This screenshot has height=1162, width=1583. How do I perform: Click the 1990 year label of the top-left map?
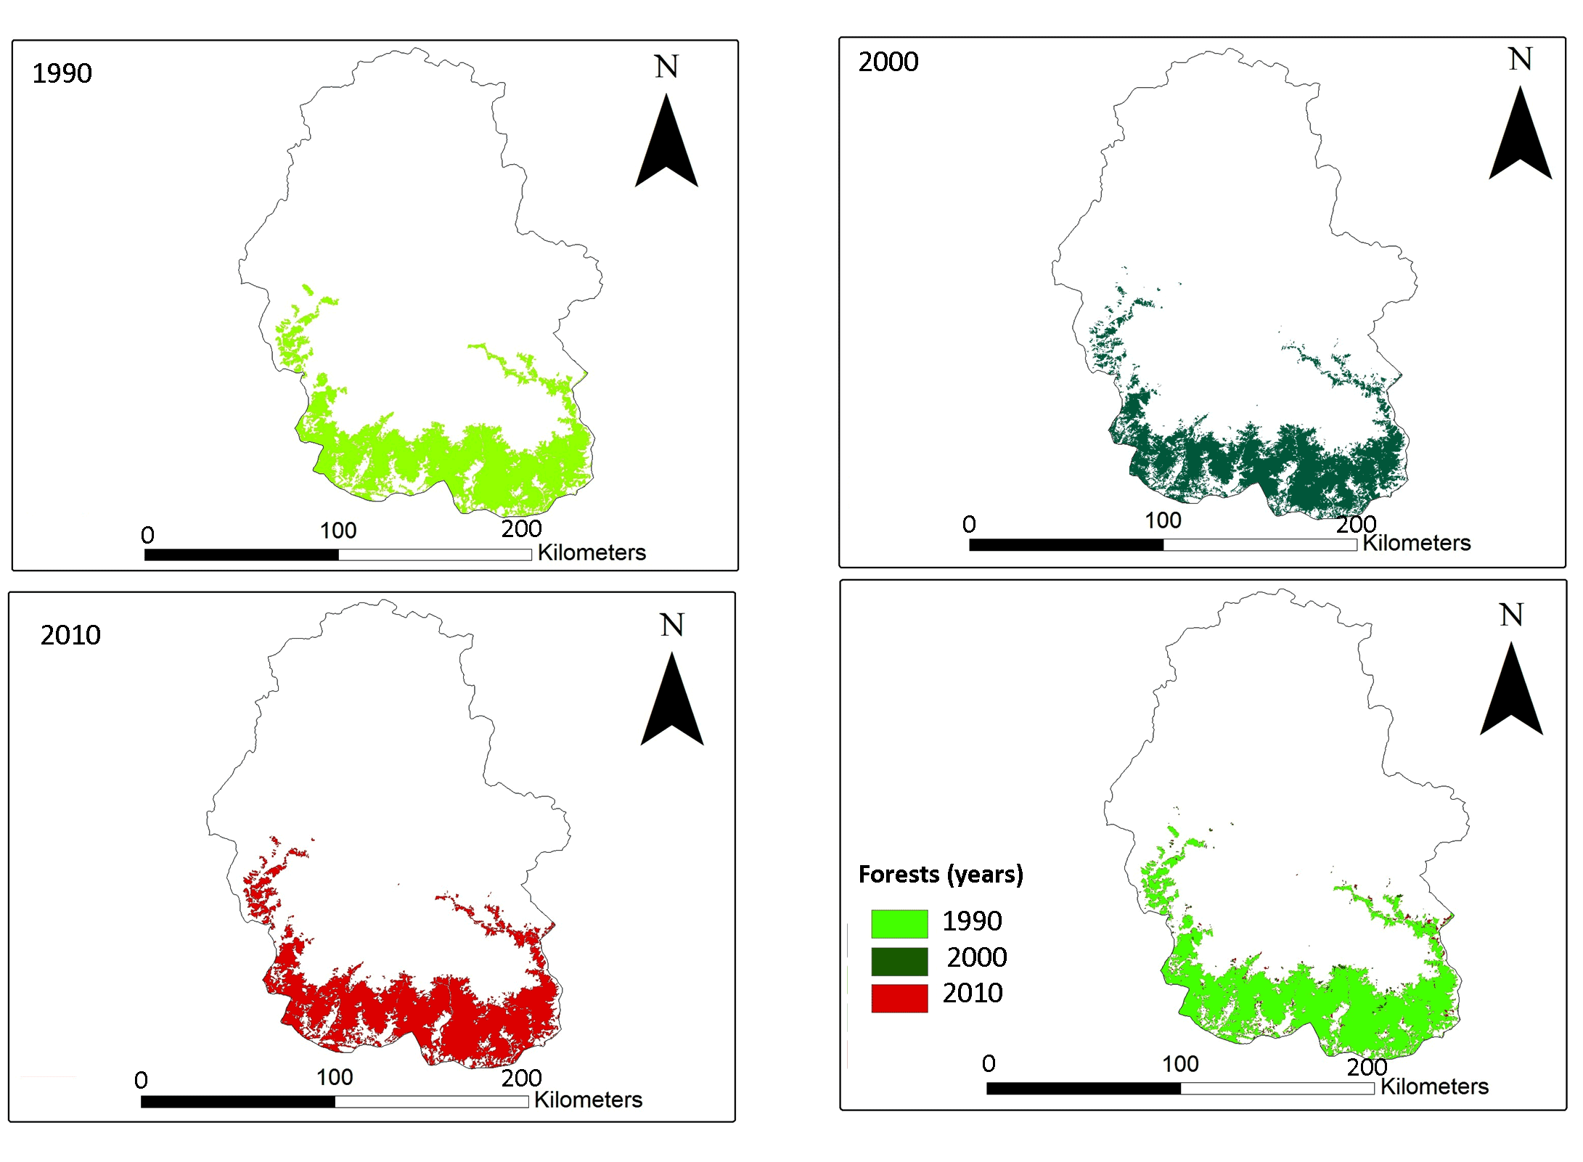(x=62, y=73)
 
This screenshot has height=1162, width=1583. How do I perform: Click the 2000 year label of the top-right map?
(x=888, y=62)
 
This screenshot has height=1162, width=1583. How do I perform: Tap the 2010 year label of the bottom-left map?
(x=70, y=635)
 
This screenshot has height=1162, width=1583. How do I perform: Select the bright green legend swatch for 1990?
(x=899, y=923)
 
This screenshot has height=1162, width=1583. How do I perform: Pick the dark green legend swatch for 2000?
(x=899, y=961)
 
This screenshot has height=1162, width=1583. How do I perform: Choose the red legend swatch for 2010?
(x=899, y=997)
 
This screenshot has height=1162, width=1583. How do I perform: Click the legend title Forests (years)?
(x=940, y=874)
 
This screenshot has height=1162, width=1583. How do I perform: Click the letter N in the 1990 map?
(x=666, y=67)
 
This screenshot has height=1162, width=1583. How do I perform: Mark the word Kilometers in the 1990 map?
(x=591, y=553)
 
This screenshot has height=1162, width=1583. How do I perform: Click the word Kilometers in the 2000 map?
(x=1415, y=543)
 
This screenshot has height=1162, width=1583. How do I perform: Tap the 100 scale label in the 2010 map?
(x=335, y=1077)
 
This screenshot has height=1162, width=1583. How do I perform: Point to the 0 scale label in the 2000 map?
(x=969, y=524)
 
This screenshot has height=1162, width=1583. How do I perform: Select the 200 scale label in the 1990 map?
(x=521, y=529)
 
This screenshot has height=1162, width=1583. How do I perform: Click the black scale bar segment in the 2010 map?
(x=238, y=1101)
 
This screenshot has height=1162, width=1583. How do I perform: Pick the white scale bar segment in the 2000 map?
(x=1259, y=545)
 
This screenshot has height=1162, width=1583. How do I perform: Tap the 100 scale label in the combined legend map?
(x=1180, y=1064)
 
